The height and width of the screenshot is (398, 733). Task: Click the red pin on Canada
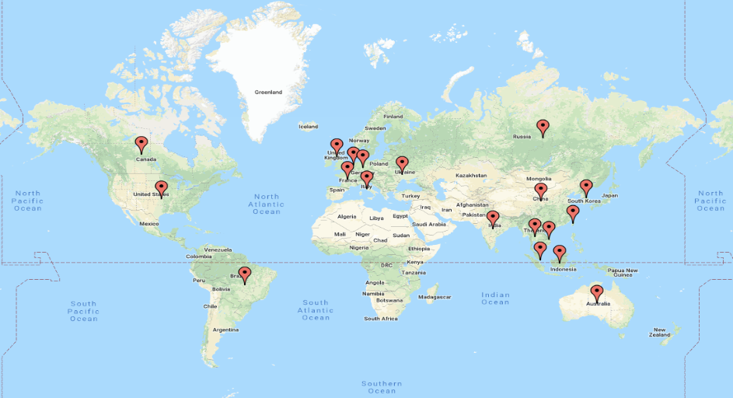pos(141,144)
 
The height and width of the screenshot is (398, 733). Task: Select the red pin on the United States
pos(161,188)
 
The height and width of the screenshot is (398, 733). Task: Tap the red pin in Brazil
pos(245,274)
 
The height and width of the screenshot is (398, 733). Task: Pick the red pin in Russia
pos(543,127)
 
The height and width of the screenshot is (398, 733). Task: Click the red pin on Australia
pos(596,292)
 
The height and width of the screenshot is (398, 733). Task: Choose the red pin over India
pos(493,218)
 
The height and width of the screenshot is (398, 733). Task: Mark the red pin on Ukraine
pos(402,164)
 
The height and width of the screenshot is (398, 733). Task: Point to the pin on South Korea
pos(586,187)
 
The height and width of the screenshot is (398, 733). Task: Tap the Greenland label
pos(268,93)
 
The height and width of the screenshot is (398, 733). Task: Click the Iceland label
pos(309,127)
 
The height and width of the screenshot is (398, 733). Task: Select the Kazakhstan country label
pos(471,176)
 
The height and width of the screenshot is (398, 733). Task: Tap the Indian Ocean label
pos(495,298)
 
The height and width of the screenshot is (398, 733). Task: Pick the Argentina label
pos(226,330)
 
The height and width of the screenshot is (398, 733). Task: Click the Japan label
pos(610,196)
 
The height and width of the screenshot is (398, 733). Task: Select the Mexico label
pos(149,224)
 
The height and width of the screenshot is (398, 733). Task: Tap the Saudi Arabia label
pos(430,224)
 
